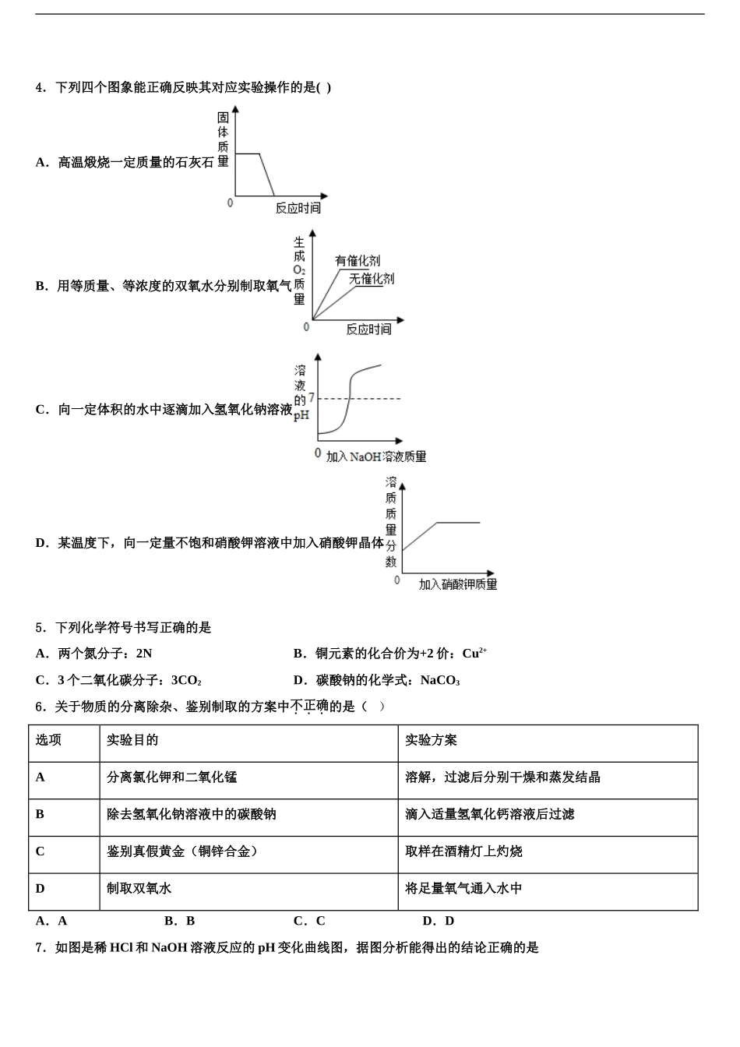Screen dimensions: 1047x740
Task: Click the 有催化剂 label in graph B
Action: coord(358,261)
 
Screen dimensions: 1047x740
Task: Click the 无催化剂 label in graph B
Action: coord(372,279)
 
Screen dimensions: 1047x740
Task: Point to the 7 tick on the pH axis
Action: coord(312,398)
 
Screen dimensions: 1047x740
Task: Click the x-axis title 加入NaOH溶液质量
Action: coord(376,457)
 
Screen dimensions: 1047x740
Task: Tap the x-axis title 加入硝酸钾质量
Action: coord(458,584)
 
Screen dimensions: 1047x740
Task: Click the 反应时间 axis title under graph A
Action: coord(298,208)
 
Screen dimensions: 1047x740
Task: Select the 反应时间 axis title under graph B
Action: coord(368,330)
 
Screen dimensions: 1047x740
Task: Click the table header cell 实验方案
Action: coord(431,740)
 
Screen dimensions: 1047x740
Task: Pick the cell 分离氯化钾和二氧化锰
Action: coord(171,777)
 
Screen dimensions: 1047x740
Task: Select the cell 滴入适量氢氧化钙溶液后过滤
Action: coord(489,814)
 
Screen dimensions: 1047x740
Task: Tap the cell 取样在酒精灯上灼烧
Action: coord(463,851)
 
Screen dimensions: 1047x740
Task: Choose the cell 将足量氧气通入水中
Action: coord(463,888)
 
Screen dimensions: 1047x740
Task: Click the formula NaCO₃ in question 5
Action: coord(440,681)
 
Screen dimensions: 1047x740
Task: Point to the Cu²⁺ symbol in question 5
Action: coord(474,654)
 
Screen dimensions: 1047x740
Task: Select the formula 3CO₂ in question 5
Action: coord(186,681)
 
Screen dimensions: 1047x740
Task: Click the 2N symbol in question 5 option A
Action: coord(143,654)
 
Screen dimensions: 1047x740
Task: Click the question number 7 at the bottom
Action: coord(39,948)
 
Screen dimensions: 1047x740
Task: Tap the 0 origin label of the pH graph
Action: coord(318,453)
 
